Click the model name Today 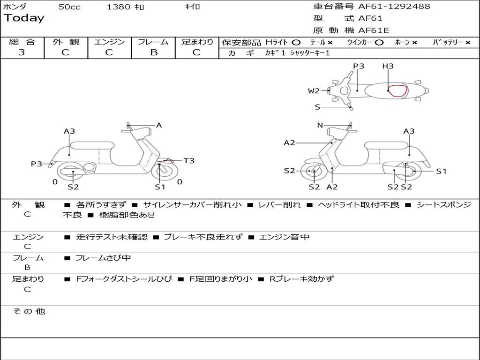click(x=24, y=18)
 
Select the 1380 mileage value click(x=119, y=7)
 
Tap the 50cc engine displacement click(x=69, y=7)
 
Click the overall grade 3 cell click(x=22, y=52)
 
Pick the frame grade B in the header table click(x=153, y=52)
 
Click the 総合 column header click(x=22, y=42)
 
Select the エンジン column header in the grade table click(x=109, y=42)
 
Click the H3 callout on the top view click(x=388, y=67)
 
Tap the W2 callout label click(x=314, y=91)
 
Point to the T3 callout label click(x=188, y=161)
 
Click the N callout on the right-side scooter click(x=320, y=125)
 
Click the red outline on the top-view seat click(x=397, y=90)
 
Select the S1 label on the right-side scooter click(x=441, y=171)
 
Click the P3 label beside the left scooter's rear click(x=37, y=164)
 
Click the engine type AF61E click(x=374, y=30)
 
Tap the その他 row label click(x=29, y=311)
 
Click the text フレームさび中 click(x=103, y=258)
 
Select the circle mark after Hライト click(x=296, y=42)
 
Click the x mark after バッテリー click(x=467, y=42)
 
